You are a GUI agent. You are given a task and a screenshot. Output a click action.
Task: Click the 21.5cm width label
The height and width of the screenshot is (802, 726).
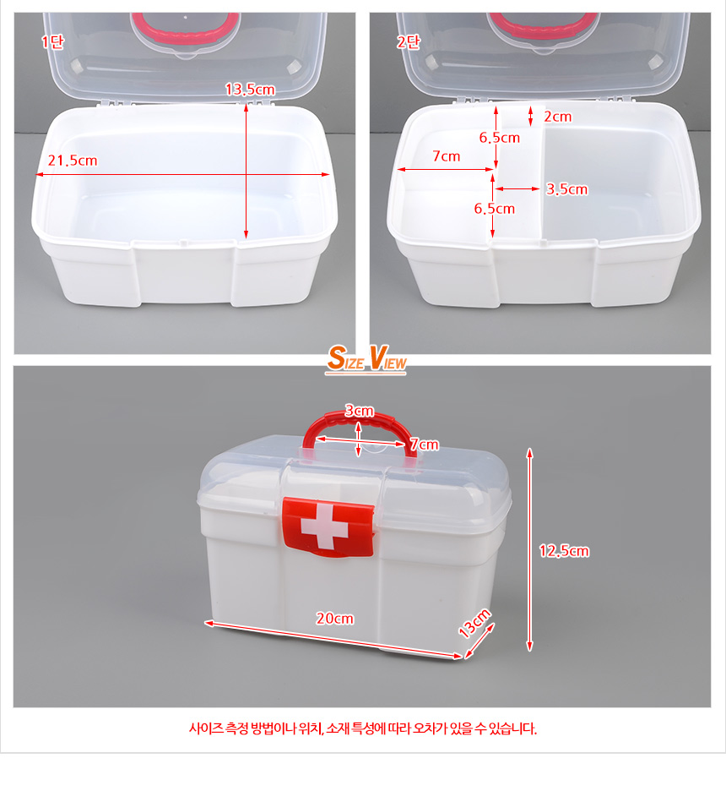click(x=73, y=161)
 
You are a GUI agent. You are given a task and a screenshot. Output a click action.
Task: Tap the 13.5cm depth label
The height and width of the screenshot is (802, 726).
click(x=251, y=90)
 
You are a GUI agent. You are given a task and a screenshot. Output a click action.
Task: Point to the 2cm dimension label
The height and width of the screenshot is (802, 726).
click(x=558, y=117)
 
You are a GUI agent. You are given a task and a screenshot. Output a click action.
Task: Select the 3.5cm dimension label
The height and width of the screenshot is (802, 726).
click(x=567, y=189)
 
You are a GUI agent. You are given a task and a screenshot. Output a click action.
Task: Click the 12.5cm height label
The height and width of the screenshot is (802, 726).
click(x=564, y=551)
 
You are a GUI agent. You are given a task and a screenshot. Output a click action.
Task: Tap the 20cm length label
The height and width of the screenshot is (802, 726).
click(x=334, y=619)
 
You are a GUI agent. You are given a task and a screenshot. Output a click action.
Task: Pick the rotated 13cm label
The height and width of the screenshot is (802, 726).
click(x=474, y=623)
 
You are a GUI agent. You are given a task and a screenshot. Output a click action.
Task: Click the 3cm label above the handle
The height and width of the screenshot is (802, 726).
click(x=359, y=411)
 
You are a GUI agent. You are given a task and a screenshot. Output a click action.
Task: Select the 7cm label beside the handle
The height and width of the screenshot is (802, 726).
click(x=425, y=445)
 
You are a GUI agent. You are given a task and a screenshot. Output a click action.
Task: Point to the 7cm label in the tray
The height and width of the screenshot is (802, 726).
click(x=447, y=156)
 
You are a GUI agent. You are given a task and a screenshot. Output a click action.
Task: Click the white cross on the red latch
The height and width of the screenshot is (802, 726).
click(x=324, y=526)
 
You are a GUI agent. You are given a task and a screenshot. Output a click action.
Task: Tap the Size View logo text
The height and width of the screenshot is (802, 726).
click(x=366, y=358)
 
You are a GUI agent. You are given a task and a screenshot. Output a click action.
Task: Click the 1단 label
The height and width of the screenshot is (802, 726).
click(x=52, y=41)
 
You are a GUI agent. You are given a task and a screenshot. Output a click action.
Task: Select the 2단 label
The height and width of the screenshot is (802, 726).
click(x=409, y=41)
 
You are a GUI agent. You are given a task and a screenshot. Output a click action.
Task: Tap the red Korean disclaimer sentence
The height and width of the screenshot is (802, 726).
click(x=363, y=728)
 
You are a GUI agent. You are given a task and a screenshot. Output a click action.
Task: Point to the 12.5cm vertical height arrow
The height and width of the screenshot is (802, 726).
click(x=530, y=550)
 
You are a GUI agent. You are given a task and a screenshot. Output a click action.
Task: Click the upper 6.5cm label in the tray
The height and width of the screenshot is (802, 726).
click(x=500, y=138)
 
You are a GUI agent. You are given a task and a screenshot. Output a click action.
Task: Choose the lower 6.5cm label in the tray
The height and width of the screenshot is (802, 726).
click(x=495, y=209)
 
